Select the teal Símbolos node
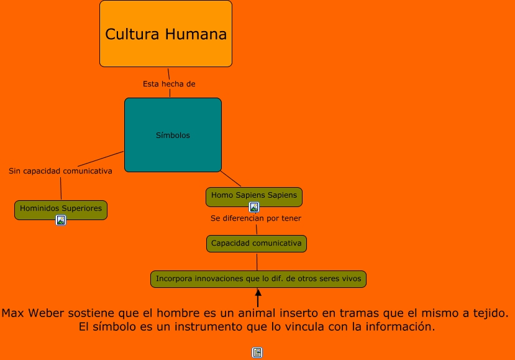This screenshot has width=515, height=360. tap(173, 135)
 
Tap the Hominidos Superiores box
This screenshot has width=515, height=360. tap(61, 209)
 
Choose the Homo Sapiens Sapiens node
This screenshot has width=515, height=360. tap(254, 195)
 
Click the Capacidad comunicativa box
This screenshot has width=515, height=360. tap(257, 243)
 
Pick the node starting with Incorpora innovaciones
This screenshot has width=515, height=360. tap(258, 279)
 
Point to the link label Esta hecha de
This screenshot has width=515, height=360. tap(169, 84)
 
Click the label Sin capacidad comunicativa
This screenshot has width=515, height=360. tap(60, 171)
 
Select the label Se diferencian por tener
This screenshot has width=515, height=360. tap(256, 218)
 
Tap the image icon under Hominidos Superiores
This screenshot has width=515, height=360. tap(61, 220)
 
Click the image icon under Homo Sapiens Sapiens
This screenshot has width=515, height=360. tap(254, 207)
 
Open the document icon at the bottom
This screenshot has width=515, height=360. tap(257, 353)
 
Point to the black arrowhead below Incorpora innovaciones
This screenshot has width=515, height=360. tap(258, 293)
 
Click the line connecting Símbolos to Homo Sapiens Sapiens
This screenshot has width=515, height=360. tap(231, 178)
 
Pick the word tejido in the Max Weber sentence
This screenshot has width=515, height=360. tap(486, 313)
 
